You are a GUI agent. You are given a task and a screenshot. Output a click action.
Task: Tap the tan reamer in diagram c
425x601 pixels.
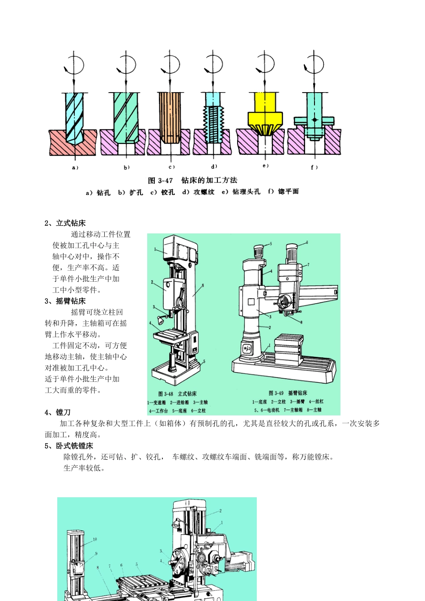click(x=170, y=116)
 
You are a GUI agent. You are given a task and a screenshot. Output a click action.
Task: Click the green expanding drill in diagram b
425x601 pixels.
click(x=126, y=116)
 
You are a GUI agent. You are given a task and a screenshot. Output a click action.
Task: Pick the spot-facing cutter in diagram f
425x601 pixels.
click(x=314, y=120)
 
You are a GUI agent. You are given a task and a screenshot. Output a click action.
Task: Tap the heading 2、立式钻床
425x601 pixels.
click(x=65, y=223)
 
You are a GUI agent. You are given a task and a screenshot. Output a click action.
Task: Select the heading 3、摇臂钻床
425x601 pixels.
click(x=65, y=301)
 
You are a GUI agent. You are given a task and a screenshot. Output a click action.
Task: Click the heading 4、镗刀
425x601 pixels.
click(x=58, y=412)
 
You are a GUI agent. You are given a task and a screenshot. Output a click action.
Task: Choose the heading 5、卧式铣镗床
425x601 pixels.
click(x=69, y=446)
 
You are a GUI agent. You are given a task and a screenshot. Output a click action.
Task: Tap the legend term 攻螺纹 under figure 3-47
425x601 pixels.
click(x=204, y=192)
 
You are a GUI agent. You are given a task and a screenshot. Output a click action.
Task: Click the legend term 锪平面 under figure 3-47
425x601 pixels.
click(x=288, y=191)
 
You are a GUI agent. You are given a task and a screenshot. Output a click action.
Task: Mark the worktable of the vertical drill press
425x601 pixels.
click(x=171, y=335)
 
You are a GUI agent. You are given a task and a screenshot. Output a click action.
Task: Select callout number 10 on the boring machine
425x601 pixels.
click(x=95, y=539)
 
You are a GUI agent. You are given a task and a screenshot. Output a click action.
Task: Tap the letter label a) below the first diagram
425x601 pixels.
click(x=75, y=168)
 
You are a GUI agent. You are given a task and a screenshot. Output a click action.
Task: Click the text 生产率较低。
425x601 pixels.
click(x=84, y=468)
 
